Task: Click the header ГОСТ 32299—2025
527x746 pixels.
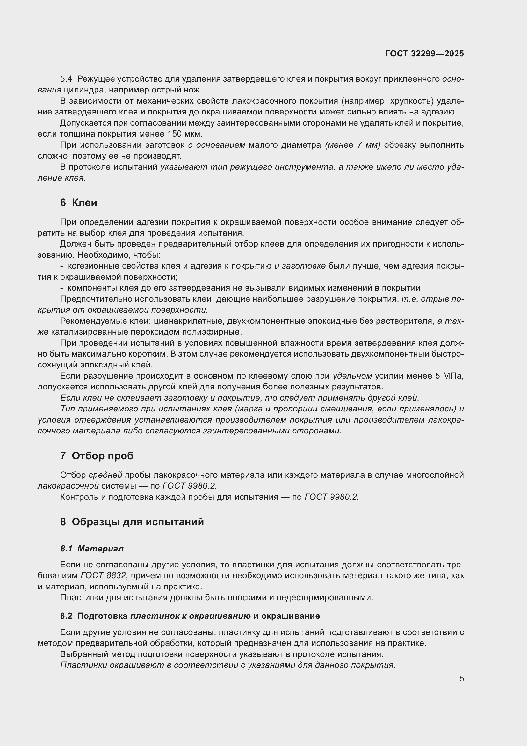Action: pos(424,54)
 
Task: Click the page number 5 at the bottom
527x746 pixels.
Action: pos(461,678)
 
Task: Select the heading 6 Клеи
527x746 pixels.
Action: pos(78,203)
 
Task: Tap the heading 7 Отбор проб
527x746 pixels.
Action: pos(97,456)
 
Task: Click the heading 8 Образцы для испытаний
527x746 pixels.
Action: pos(132,522)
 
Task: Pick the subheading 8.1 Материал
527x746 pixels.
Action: pos(92,549)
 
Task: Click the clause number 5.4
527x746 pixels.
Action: pos(66,79)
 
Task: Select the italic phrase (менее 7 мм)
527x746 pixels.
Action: pos(352,145)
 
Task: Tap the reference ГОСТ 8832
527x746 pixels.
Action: pos(103,575)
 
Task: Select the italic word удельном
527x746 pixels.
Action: pos(352,376)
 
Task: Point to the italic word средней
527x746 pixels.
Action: pos(105,475)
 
